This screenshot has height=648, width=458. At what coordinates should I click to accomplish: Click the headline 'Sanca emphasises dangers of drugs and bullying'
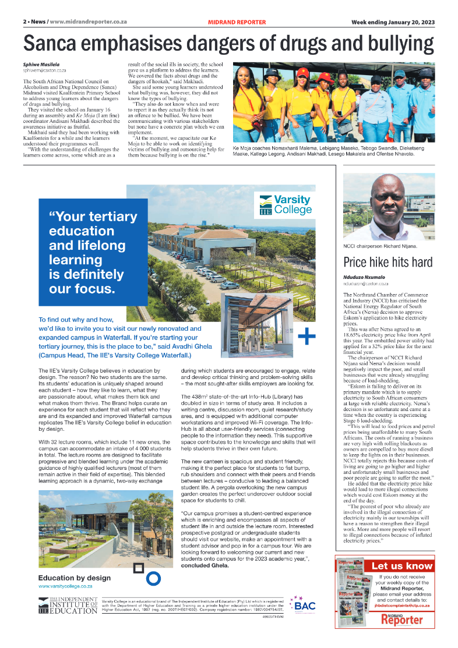(x=228, y=44)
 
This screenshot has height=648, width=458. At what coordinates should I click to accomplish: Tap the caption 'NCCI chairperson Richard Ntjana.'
(x=380, y=247)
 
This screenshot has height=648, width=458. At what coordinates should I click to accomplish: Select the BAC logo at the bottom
(x=304, y=605)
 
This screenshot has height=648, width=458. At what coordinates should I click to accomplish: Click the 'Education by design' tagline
(x=74, y=578)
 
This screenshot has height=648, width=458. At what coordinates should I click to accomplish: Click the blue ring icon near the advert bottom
(x=153, y=578)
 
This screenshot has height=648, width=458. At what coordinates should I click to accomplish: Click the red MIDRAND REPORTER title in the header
(x=237, y=22)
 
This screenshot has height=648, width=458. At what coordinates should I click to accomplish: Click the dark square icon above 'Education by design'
(x=138, y=568)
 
